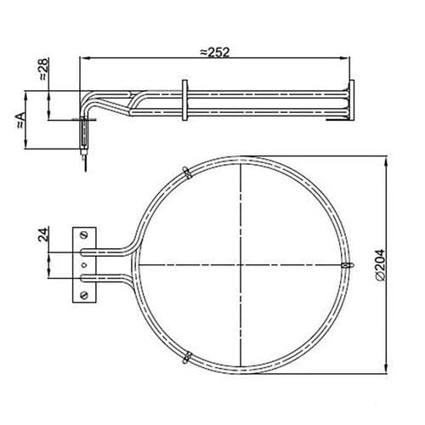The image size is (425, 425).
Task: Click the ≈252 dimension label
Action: (214, 52)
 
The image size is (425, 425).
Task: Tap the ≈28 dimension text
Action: (44, 69)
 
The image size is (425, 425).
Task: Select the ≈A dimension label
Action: (21, 121)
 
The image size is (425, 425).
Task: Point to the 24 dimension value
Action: (43, 234)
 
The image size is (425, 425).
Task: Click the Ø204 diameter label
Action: (379, 265)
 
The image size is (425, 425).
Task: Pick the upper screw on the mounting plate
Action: (84, 235)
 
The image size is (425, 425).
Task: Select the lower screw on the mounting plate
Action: (84, 295)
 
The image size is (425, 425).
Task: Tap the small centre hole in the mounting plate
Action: (84, 265)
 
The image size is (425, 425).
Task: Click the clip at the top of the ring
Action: (187, 173)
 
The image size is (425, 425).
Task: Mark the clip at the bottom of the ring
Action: (187, 358)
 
